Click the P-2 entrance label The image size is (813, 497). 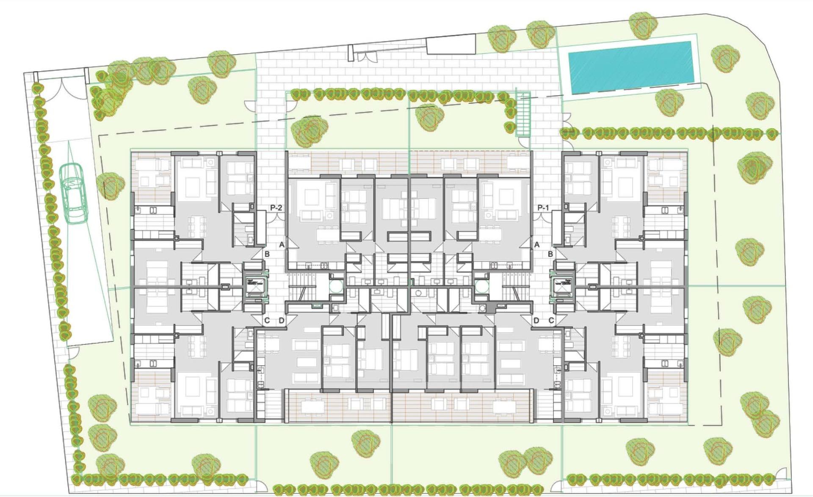pos(276,208)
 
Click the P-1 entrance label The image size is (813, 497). pos(543,208)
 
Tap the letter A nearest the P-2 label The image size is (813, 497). pos(282,244)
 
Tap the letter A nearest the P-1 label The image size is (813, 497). pos(537,244)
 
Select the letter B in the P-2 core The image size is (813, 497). pos(267,254)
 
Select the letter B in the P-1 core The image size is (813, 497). pos(550,254)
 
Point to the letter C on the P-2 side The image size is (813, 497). pos(267,320)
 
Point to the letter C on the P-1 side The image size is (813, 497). pos(551,320)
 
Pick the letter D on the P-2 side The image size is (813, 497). pos(282,320)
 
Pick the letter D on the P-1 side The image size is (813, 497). pos(536,320)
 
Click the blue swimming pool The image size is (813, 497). pos(631,67)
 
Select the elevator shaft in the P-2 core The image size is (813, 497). pos(253,287)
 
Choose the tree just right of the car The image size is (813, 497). pos(110,185)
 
